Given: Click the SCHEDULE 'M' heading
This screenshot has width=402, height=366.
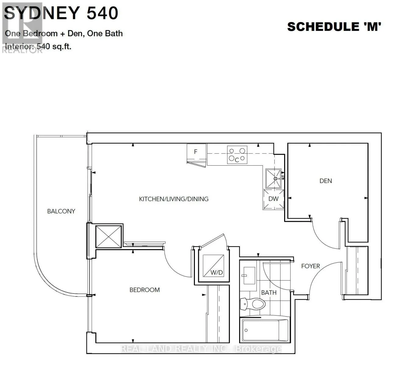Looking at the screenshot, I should coord(334,27).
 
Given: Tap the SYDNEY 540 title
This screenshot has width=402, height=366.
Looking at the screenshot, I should coord(61,13).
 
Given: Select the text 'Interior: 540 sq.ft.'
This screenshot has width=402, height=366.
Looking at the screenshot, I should coord(38,47).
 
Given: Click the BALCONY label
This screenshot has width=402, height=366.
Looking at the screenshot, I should coord(61,211).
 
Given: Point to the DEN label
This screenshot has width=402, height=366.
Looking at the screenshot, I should coord(326,181).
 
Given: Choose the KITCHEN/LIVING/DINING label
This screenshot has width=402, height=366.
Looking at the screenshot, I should coord(174,199).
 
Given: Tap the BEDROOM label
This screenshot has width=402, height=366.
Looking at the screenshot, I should coord(144,290).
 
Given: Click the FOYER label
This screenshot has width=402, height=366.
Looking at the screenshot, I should coord(310,266).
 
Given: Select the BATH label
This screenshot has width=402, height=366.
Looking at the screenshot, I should coord(269,292).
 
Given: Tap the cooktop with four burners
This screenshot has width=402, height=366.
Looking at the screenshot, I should coord(237,155).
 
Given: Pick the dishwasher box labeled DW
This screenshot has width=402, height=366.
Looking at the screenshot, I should coord(273,199).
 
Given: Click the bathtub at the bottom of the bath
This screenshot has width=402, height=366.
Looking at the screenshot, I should coord(264,330).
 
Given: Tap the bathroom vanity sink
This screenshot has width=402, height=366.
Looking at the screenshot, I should coord(249,275).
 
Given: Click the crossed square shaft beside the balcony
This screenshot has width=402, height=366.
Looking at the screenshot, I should coord(108,236).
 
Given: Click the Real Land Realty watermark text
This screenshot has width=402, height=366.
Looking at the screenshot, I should coord(201,349).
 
